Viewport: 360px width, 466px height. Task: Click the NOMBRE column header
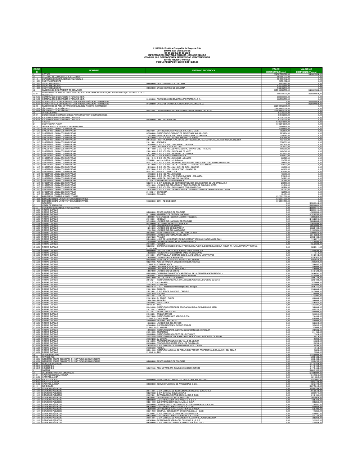(94, 70)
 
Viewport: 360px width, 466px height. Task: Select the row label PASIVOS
(46, 123)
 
